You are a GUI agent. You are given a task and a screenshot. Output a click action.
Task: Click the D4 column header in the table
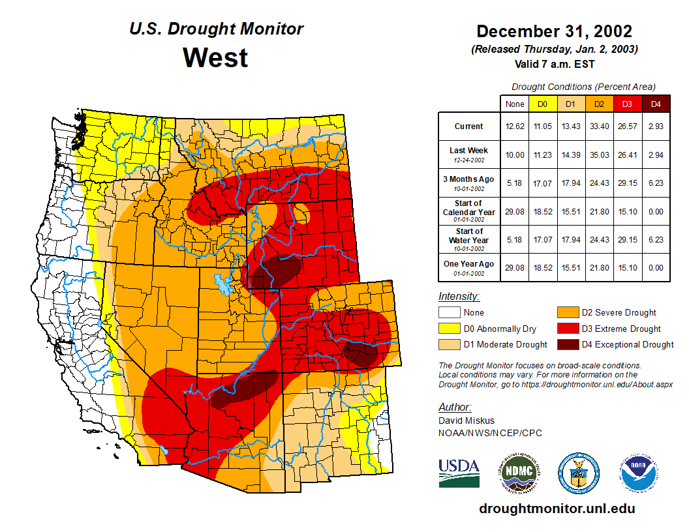(656, 104)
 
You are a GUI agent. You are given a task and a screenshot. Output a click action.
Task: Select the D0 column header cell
(543, 104)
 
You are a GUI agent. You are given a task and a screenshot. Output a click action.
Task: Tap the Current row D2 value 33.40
(599, 126)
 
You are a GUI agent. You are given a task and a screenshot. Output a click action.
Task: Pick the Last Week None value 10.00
(515, 155)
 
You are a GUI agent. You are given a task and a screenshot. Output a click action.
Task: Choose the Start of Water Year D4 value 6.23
(656, 239)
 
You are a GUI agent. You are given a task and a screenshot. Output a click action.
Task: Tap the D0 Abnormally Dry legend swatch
(450, 329)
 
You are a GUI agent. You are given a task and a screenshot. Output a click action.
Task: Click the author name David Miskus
(466, 421)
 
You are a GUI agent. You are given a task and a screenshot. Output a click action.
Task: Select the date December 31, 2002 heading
(554, 31)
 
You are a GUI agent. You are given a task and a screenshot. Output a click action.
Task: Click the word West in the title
(215, 57)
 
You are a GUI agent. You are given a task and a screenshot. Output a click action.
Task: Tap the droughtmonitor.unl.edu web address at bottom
(557, 509)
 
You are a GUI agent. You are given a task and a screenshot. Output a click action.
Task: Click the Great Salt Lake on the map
(224, 285)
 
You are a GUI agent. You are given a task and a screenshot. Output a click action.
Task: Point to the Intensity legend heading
(459, 296)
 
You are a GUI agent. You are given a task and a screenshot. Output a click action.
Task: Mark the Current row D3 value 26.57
(628, 126)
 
